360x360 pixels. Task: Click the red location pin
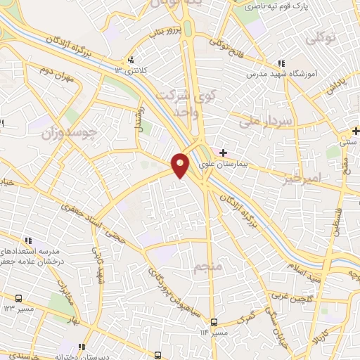[181, 165]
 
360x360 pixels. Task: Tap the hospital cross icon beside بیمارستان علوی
[224, 153]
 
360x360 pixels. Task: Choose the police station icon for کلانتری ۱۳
[131, 60]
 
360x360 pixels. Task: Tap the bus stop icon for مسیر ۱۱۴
[214, 322]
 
